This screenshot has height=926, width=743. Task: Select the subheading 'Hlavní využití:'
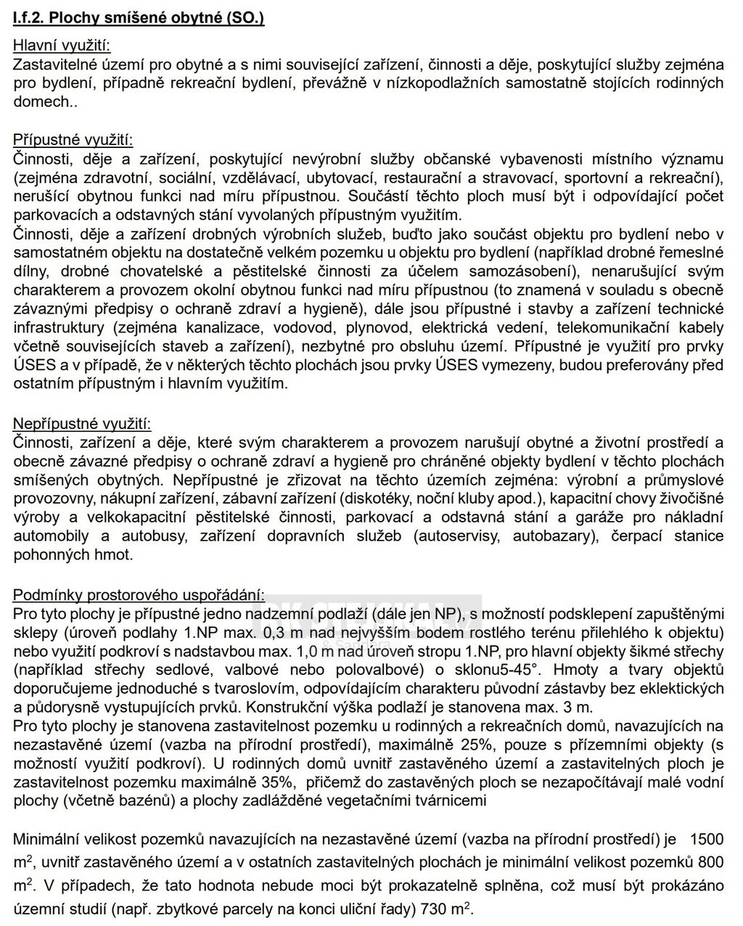point(62,46)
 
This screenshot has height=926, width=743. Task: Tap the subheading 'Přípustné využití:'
point(73,140)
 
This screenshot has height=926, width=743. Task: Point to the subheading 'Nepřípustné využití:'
point(82,423)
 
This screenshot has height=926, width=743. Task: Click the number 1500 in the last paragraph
point(706,840)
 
